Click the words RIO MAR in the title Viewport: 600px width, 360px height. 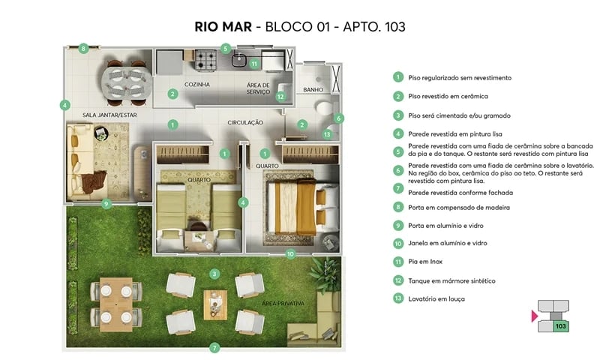point(222,27)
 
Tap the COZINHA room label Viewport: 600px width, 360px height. point(196,85)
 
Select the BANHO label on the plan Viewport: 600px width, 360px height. point(313,89)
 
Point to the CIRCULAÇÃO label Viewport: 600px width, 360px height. point(245,121)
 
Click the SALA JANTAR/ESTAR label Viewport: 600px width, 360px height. point(109,115)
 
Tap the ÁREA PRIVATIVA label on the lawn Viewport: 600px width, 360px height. point(283,303)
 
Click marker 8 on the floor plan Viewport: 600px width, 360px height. point(84,48)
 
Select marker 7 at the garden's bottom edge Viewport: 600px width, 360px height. point(214,348)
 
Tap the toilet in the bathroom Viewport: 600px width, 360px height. point(325,108)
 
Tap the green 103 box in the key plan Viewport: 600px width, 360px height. point(559,326)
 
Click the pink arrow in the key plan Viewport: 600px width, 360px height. point(534,317)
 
